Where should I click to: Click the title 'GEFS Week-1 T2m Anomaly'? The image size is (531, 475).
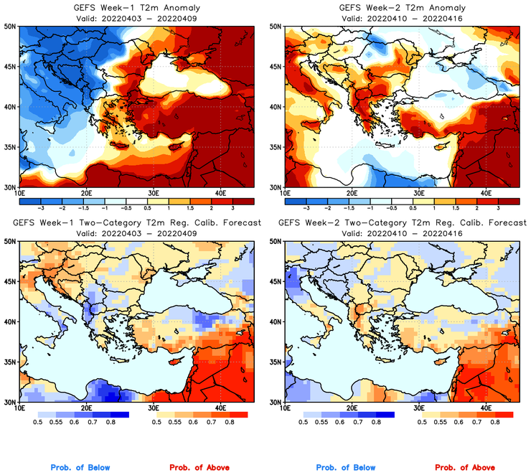tap(138, 8)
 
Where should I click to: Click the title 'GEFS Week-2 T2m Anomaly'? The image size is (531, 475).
tap(402, 8)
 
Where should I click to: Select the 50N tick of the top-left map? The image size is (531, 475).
tap(11, 26)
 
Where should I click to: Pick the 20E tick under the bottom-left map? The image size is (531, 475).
tap(85, 408)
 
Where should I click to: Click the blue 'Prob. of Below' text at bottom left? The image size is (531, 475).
tap(80, 468)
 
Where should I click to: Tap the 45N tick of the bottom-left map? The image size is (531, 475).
tap(11, 281)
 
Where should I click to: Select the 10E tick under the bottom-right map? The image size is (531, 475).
tap(284, 408)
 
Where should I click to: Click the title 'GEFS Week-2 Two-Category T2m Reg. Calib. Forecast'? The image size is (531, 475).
tap(402, 223)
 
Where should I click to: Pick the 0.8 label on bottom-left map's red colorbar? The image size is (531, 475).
tap(229, 423)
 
